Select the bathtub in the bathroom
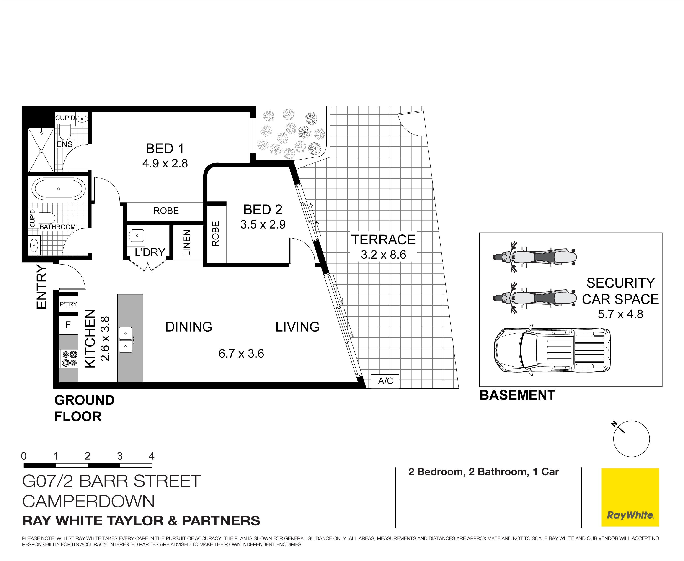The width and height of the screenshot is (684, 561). pyautogui.click(x=59, y=189)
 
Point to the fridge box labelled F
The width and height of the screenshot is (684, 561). pyautogui.click(x=68, y=325)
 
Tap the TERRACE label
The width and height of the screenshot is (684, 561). pyautogui.click(x=383, y=240)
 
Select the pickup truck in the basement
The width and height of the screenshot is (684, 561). pyautogui.click(x=552, y=350)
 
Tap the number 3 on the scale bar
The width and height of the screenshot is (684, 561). pyautogui.click(x=120, y=456)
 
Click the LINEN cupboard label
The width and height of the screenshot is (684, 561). pyautogui.click(x=187, y=243)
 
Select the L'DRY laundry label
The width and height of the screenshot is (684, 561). pyautogui.click(x=150, y=252)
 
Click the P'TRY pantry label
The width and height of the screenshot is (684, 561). pyautogui.click(x=68, y=304)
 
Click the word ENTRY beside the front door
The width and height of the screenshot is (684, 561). pyautogui.click(x=42, y=287)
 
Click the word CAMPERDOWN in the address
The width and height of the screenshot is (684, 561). pyautogui.click(x=88, y=502)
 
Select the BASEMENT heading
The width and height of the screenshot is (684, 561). pyautogui.click(x=517, y=395)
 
